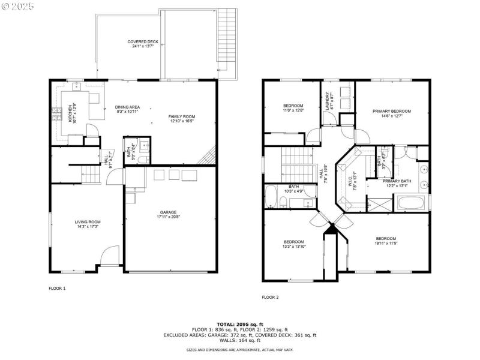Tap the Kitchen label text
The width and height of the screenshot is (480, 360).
[x=72, y=112]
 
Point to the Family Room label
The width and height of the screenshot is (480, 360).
[x=181, y=119]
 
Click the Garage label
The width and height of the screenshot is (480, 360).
[x=168, y=214]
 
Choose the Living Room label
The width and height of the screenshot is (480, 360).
[x=87, y=224]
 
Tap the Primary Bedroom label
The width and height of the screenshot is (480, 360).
[x=392, y=113]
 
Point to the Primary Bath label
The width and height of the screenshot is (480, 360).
[x=397, y=183]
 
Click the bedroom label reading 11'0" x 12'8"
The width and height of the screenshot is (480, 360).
[x=293, y=108]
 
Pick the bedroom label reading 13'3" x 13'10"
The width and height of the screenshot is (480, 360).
[x=294, y=244]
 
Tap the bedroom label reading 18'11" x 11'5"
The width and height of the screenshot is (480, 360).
[x=386, y=241]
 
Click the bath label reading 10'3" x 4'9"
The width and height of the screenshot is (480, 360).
[x=294, y=188]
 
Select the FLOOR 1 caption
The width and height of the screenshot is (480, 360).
[x=57, y=289]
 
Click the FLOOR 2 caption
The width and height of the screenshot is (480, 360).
[x=271, y=297]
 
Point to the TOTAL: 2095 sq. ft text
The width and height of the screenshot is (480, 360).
[x=239, y=324]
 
